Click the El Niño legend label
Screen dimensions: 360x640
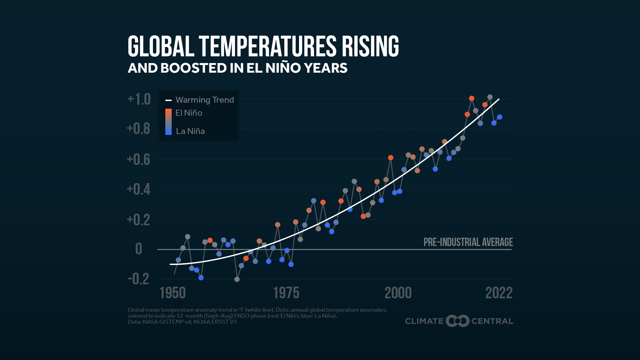pos(189,113)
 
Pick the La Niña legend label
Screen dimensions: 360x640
pos(190,131)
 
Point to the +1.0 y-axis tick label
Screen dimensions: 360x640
pos(139,99)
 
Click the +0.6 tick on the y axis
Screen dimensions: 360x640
pos(139,159)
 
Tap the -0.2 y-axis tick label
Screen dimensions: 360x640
pos(139,279)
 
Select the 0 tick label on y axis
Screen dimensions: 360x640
pos(139,249)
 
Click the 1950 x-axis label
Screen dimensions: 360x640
pos(173,293)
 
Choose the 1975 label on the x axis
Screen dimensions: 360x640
pos(286,293)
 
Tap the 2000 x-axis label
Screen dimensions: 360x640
pos(398,293)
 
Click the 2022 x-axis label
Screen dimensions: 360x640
pos(499,293)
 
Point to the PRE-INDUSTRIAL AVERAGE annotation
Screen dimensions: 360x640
pos(468,242)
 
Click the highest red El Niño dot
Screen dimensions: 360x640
pos(471,98)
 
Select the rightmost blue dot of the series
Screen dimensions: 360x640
pos(499,117)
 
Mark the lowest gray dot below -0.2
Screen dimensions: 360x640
pos(237,279)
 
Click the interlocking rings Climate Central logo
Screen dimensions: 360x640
pos(457,321)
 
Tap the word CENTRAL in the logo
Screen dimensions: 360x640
pos(492,321)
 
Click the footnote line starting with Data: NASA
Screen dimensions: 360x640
pos(182,322)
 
